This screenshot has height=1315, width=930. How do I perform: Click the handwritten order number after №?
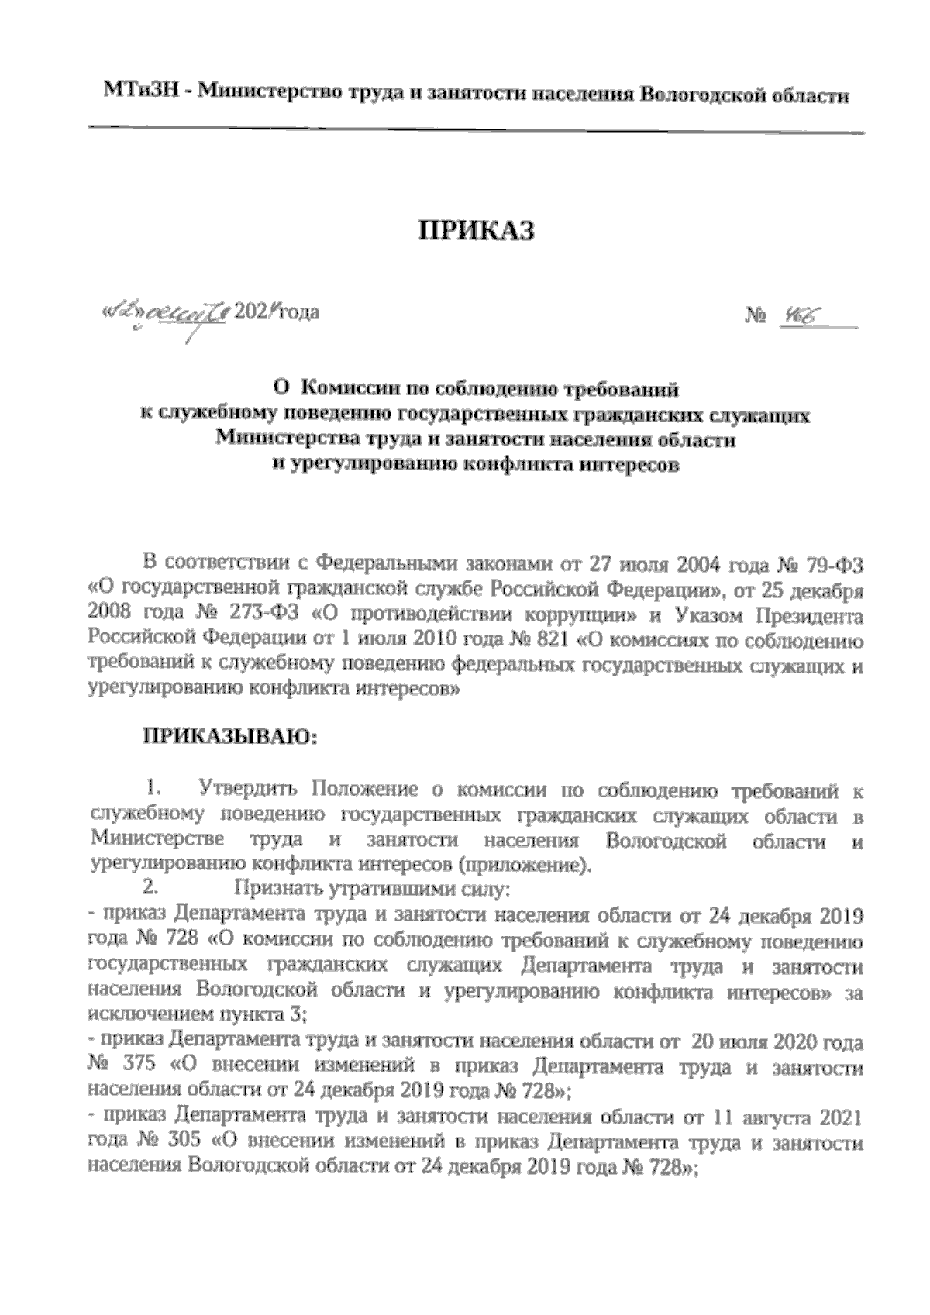click(x=797, y=316)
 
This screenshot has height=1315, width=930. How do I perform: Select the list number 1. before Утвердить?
click(x=153, y=791)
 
